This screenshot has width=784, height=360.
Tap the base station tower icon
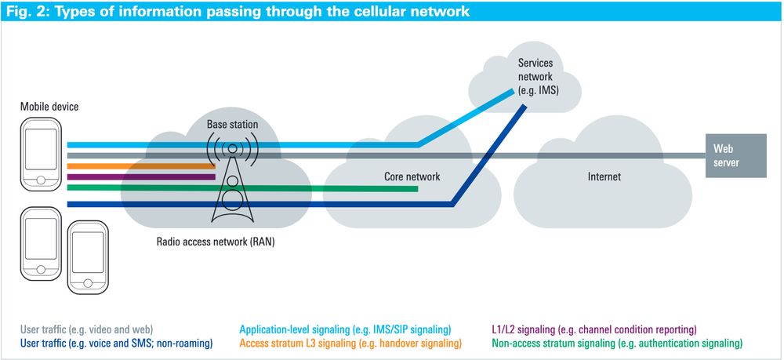coord(231,180)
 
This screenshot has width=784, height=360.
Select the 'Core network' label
coord(412,176)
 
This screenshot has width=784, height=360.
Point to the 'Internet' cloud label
coord(604,176)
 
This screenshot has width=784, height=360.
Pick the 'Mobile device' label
coord(49,107)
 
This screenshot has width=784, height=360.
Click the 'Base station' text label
coord(232,125)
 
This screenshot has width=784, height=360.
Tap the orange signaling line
coord(141,166)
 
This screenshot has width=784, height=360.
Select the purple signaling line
coord(141,176)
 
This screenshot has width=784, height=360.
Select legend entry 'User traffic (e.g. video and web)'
coord(86,329)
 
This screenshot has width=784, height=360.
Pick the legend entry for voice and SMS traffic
coord(111,343)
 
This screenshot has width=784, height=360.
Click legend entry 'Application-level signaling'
coord(346,329)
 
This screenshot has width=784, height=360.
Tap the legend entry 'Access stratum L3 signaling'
coord(350,343)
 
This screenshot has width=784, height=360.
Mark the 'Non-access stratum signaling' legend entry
coord(616,343)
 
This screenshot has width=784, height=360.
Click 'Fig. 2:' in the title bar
coord(29,11)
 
